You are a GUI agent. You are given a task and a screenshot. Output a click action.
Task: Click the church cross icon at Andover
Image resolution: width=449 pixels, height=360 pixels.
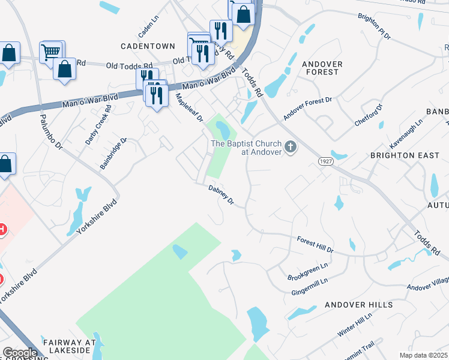pyautogui.click(x=291, y=147)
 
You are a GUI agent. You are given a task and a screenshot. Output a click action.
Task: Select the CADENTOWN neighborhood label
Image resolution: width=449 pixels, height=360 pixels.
pyautogui.click(x=148, y=46)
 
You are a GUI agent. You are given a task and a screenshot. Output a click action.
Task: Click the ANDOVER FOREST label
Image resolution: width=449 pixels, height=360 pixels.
pyautogui.click(x=322, y=68)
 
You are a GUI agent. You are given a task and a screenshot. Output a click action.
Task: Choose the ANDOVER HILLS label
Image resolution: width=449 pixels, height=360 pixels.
pyautogui.click(x=358, y=305)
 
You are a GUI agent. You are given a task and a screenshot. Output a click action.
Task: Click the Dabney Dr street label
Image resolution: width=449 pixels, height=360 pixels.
pyautogui.click(x=220, y=196)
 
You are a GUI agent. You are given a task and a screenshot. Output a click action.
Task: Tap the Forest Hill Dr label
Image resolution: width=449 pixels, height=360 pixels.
pyautogui.click(x=315, y=244)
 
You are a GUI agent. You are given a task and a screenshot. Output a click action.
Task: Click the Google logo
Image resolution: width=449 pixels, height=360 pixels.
pyautogui.click(x=20, y=353)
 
